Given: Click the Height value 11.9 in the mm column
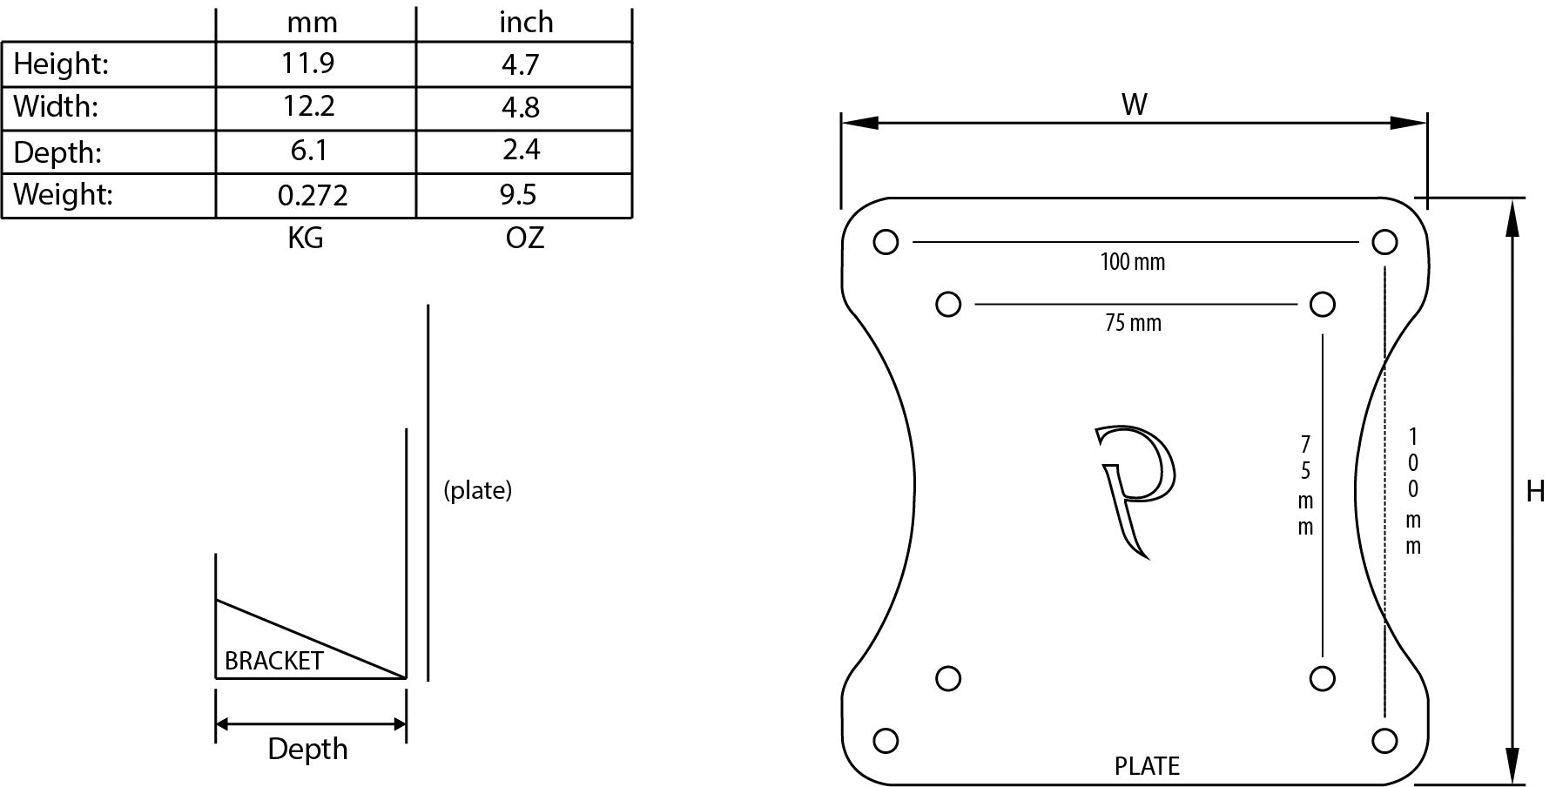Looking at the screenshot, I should tap(307, 64).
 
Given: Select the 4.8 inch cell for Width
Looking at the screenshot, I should tap(521, 107).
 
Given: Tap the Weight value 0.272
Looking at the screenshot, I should tap(313, 195).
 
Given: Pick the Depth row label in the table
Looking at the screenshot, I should tap(57, 152).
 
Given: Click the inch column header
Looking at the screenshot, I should tap(526, 22).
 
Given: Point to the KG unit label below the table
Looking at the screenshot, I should tap(306, 238).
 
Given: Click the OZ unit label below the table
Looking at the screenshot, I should tap(524, 238).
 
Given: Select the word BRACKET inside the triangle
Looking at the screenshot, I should tap(273, 661).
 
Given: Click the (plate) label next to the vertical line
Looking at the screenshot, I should tap(477, 490).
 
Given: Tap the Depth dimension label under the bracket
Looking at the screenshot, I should tap(307, 749).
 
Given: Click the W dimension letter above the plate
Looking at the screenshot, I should tap(1134, 104).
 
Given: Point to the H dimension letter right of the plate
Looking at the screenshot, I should tap(1534, 492).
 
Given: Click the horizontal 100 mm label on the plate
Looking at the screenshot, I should tap(1132, 261).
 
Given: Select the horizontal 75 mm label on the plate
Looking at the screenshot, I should tap(1133, 323).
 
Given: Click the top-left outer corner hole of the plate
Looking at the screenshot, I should tap(886, 242).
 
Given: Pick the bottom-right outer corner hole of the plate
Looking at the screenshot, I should tap(1384, 741).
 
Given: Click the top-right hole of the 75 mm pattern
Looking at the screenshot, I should tap(1322, 305).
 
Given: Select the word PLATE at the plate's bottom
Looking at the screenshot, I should tap(1147, 766).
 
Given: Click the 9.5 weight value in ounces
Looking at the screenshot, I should tap(518, 195).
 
